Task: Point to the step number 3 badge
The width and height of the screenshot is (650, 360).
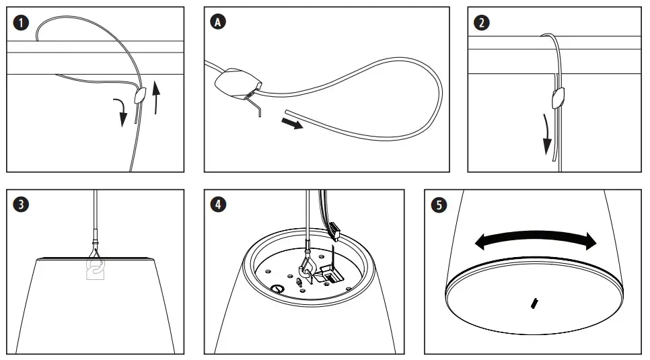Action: [x=22, y=204]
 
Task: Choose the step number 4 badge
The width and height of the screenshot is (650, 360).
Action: [x=219, y=204]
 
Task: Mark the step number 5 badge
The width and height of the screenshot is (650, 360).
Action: [x=439, y=205]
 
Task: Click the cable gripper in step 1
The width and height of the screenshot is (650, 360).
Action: [x=139, y=96]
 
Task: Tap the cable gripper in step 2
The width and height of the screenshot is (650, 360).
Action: [x=558, y=99]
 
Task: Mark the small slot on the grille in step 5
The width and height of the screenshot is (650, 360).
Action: [x=534, y=303]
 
